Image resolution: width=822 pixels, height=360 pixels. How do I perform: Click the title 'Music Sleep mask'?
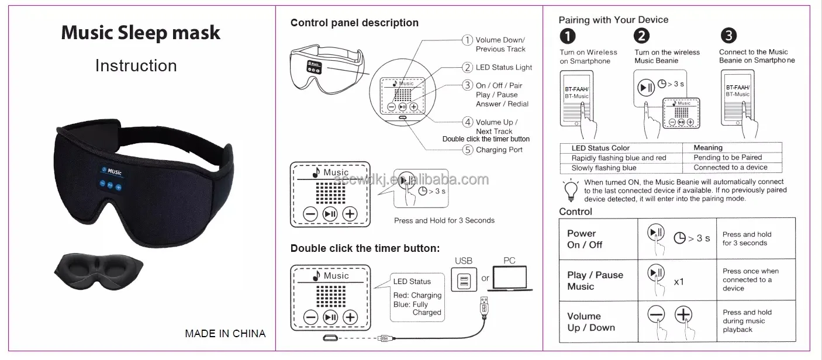[x=140, y=33]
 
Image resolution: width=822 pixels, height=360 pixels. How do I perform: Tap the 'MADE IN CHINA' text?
[x=225, y=334]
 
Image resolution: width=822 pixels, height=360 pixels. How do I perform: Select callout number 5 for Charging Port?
[x=467, y=150]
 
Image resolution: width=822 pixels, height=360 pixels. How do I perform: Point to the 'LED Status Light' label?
[x=503, y=67]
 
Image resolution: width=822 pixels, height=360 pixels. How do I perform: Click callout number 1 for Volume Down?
[x=467, y=40]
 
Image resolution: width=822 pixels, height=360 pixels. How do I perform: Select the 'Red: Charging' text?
[x=417, y=295]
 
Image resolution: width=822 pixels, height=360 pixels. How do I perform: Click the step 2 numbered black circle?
[x=642, y=36]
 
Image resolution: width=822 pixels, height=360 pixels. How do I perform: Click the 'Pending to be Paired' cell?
[x=727, y=157]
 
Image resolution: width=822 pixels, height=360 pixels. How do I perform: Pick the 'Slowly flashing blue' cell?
[x=604, y=168]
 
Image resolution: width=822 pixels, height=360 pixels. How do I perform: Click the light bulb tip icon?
[x=570, y=189]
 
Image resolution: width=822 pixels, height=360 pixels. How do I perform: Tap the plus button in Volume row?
[x=683, y=314]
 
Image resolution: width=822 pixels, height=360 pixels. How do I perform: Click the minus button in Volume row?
[x=656, y=314]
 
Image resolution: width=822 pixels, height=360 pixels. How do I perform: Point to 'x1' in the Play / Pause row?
[x=679, y=282]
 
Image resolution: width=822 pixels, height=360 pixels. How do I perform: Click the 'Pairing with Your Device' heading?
[x=613, y=20]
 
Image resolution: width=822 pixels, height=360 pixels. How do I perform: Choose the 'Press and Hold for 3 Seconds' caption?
[x=444, y=220]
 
